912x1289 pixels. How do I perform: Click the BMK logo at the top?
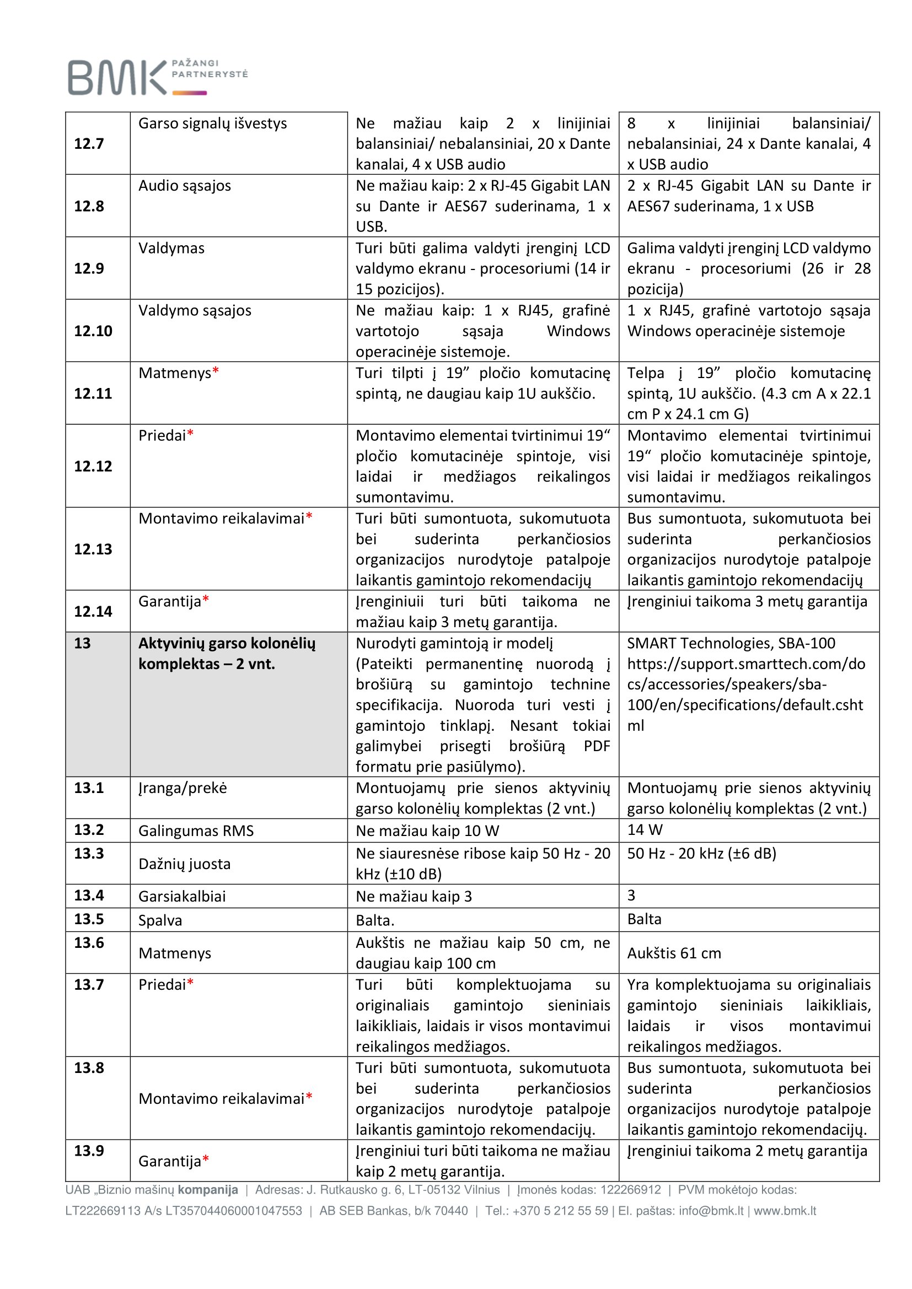pyautogui.click(x=157, y=77)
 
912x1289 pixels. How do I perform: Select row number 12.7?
pyautogui.click(x=89, y=144)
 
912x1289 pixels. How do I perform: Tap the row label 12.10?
pyautogui.click(x=93, y=331)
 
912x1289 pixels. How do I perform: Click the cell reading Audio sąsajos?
pyautogui.click(x=184, y=186)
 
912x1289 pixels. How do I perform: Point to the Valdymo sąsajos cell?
pyautogui.click(x=194, y=310)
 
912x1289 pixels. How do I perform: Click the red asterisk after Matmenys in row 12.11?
pyautogui.click(x=216, y=371)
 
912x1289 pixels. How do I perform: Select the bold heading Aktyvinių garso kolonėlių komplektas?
pyautogui.click(x=226, y=654)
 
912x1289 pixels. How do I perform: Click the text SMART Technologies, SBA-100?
pyautogui.click(x=731, y=643)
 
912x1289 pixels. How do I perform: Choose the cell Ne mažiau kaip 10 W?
pyautogui.click(x=427, y=831)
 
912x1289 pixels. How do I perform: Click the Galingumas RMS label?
pyautogui.click(x=195, y=831)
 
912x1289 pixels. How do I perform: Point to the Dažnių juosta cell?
pyautogui.click(x=184, y=864)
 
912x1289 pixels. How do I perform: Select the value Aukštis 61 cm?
pyautogui.click(x=673, y=953)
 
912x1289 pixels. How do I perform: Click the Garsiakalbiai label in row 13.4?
pyautogui.click(x=182, y=896)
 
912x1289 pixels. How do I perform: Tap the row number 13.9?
pyautogui.click(x=89, y=1151)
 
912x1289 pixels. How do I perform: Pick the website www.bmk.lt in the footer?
pyautogui.click(x=785, y=1211)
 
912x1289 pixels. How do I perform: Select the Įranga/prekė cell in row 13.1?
pyautogui.click(x=183, y=788)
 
